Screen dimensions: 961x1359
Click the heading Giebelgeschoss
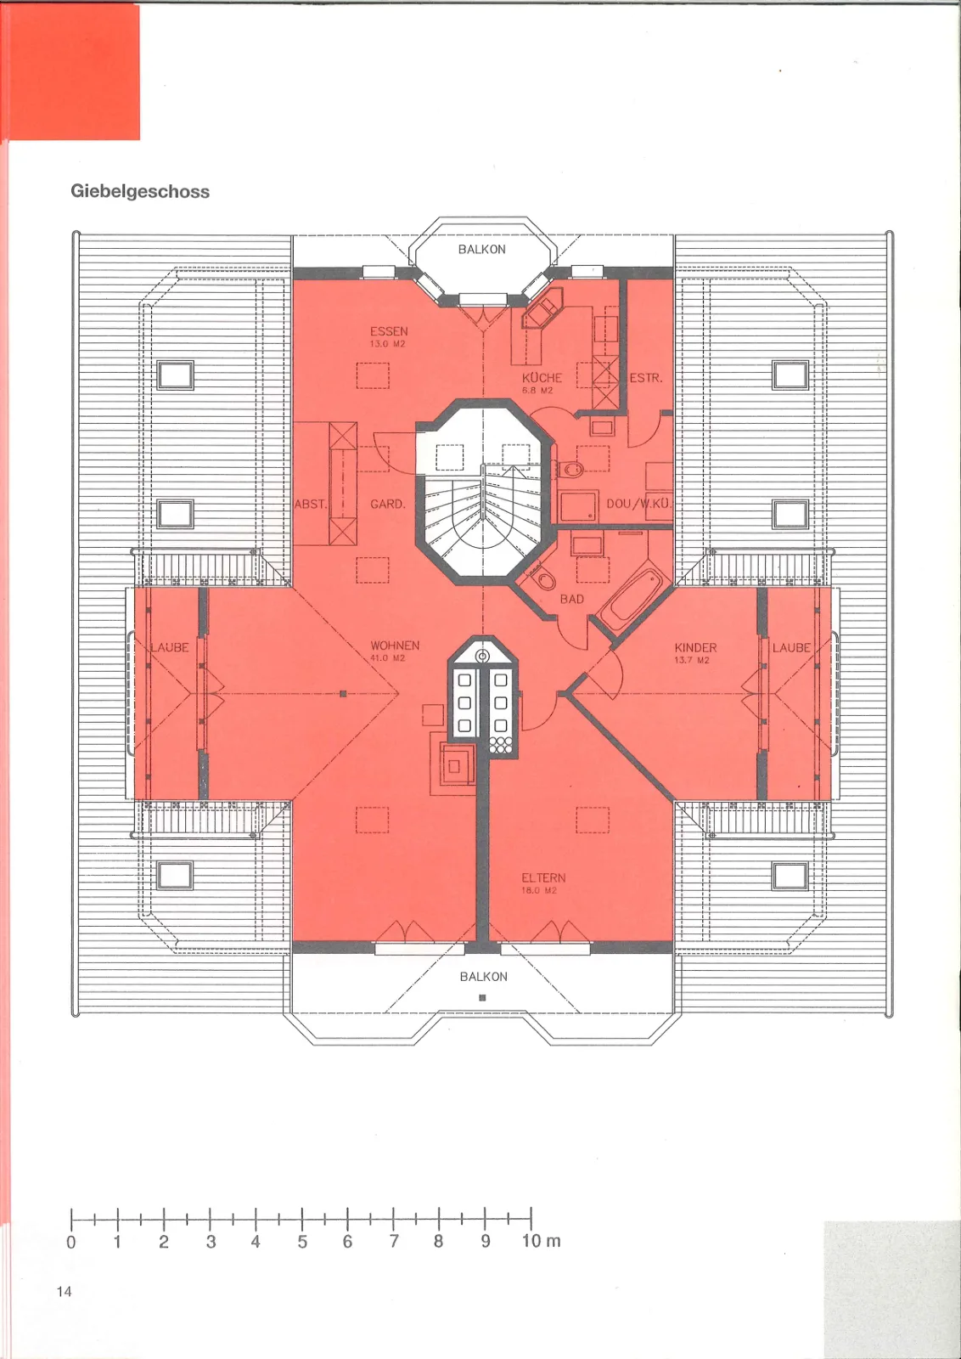[x=140, y=192]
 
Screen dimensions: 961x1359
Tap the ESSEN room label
[x=389, y=331]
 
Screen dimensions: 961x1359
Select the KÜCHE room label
[x=542, y=377]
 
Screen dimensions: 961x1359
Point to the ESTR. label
[x=646, y=378]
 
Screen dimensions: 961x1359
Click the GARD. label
[x=387, y=504]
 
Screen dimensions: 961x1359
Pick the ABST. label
[x=311, y=504]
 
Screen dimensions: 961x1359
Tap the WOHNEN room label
[x=395, y=646]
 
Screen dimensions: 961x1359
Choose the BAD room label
[x=571, y=599]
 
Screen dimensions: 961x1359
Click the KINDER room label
[x=695, y=648]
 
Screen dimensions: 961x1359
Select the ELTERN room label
[x=543, y=878]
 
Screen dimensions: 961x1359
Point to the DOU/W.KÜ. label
[x=639, y=504]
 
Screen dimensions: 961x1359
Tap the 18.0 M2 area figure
[x=538, y=891]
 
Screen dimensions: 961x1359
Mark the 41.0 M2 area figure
[x=387, y=658]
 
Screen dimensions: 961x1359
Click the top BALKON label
[x=482, y=250]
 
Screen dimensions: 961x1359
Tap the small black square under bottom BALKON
[x=482, y=997]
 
